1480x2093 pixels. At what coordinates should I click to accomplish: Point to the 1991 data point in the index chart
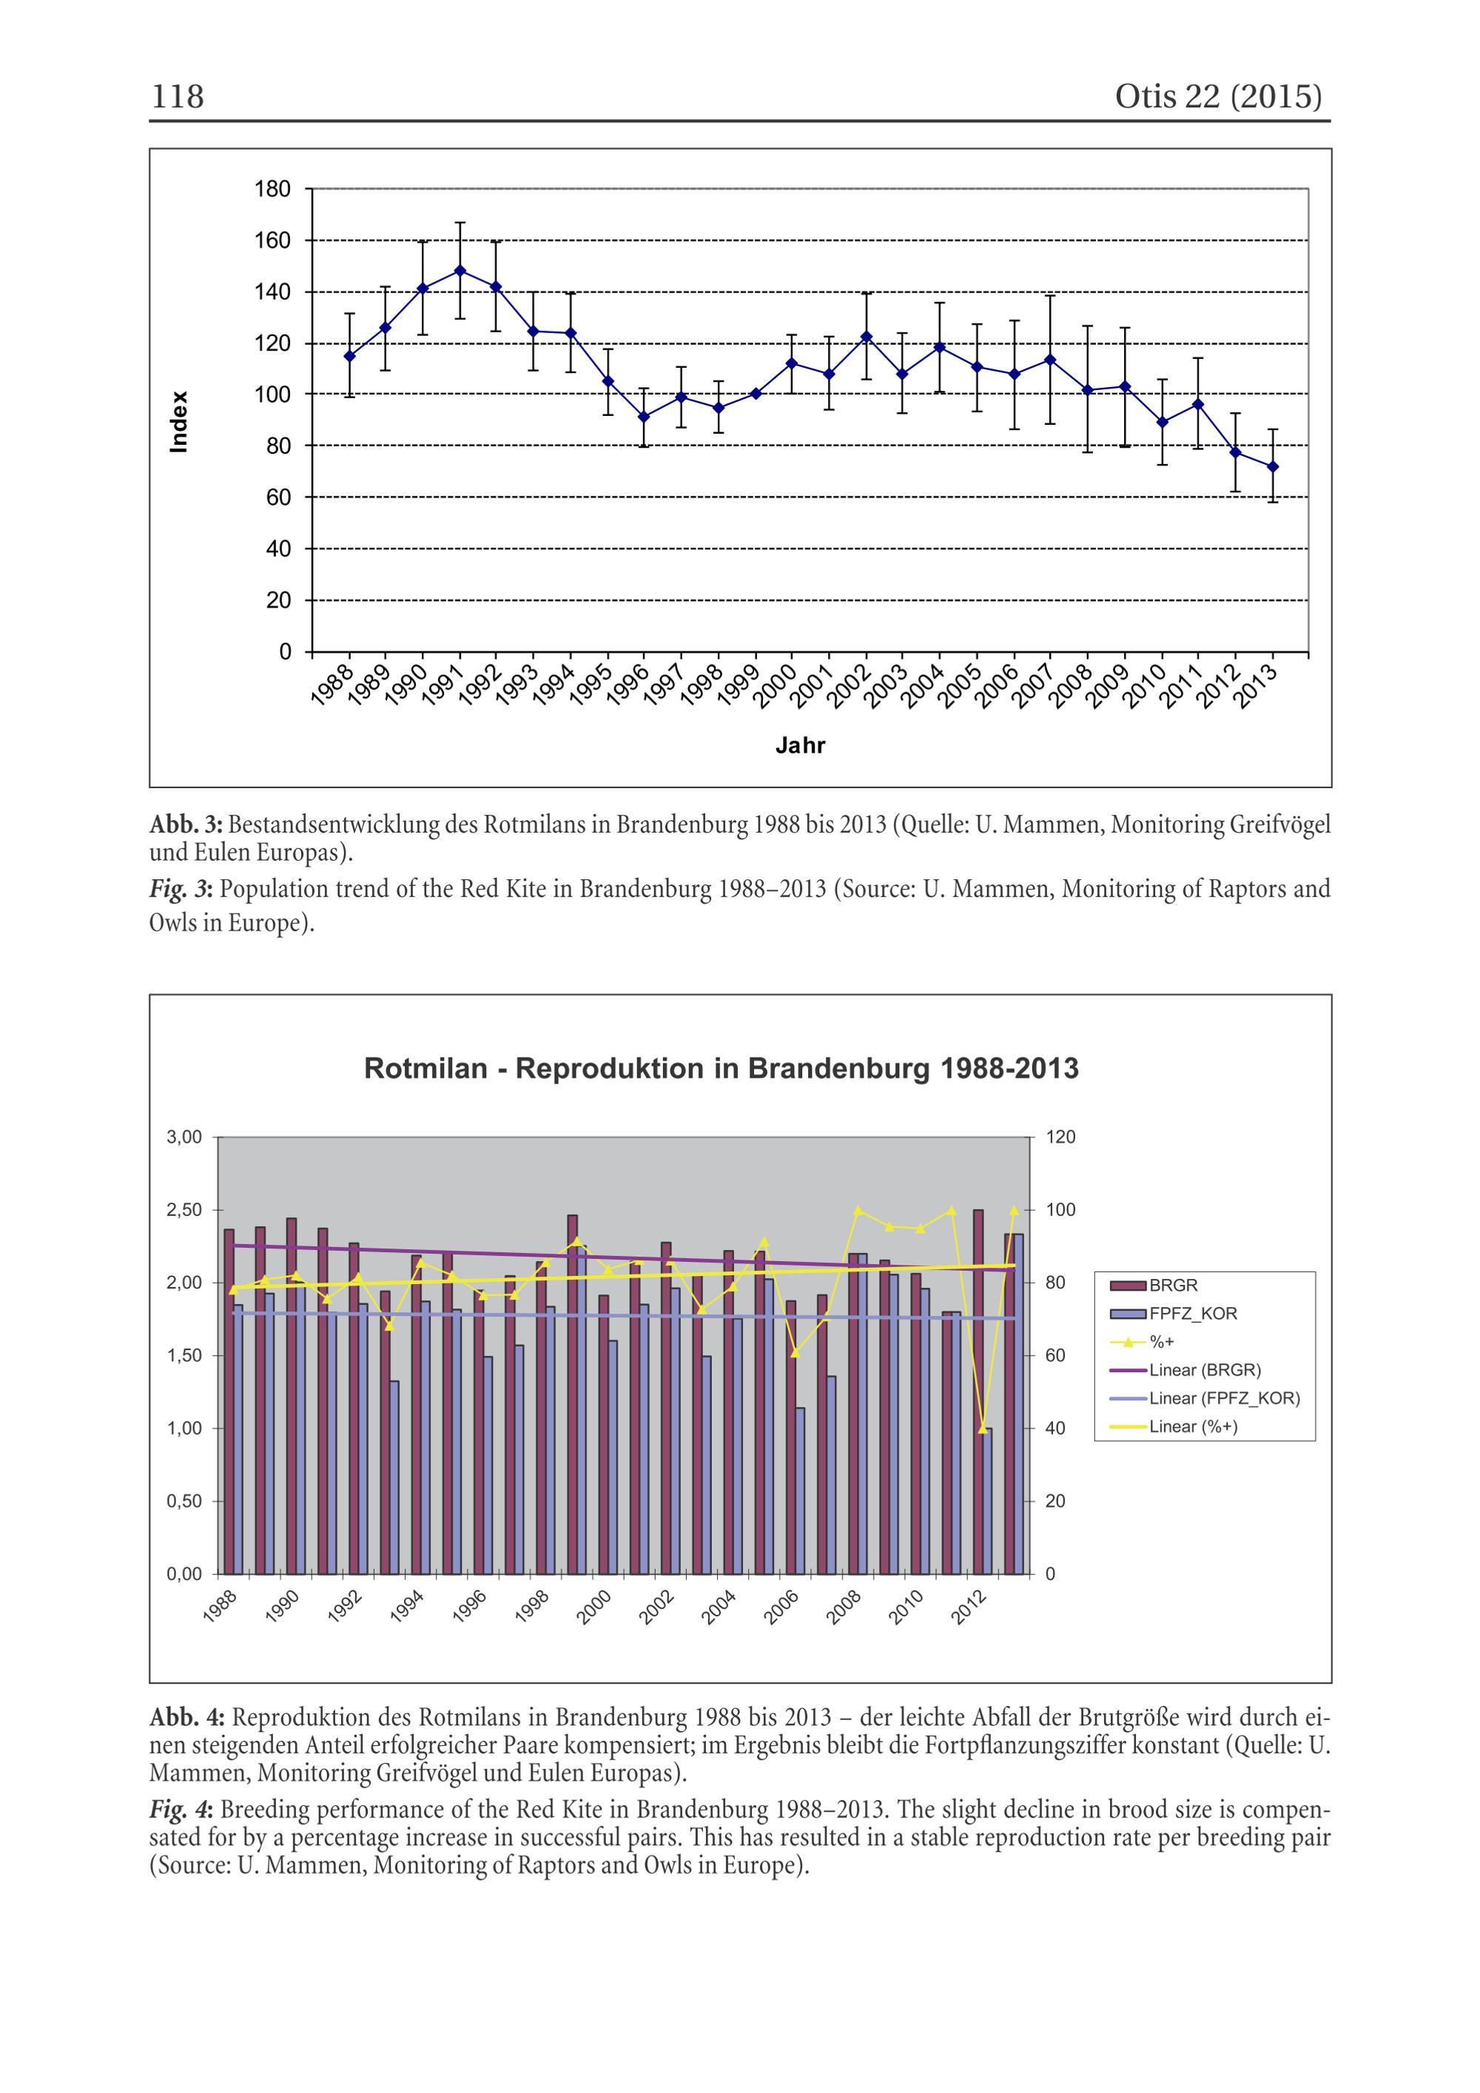point(460,270)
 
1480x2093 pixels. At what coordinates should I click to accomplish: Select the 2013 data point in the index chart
point(1273,467)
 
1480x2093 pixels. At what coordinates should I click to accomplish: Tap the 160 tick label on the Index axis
point(272,241)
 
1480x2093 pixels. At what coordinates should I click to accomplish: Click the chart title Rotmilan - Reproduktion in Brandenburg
point(721,1069)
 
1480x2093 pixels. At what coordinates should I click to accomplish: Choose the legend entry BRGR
point(1173,1286)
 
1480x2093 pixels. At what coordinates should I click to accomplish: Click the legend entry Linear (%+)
point(1193,1427)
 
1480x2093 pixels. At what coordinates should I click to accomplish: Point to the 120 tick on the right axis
point(1060,1137)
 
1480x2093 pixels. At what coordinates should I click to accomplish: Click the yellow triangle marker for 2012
point(983,1428)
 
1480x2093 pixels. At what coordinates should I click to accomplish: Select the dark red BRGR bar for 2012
point(978,1391)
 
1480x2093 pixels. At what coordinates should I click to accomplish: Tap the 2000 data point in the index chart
point(792,363)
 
